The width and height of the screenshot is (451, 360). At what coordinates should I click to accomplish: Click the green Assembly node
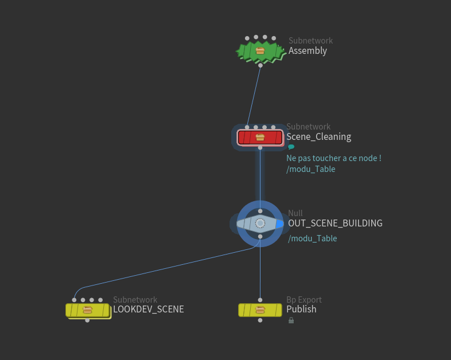(x=261, y=51)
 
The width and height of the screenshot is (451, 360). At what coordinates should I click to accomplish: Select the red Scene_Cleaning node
(x=260, y=138)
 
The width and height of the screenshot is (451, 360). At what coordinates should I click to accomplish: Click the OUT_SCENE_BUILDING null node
(x=260, y=223)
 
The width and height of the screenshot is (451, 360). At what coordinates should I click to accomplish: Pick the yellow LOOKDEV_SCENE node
(x=87, y=310)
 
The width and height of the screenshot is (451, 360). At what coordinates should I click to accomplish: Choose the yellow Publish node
(x=260, y=310)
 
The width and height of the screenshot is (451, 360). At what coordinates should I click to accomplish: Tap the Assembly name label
(x=308, y=51)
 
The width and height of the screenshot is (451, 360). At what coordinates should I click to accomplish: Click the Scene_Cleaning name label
(x=318, y=137)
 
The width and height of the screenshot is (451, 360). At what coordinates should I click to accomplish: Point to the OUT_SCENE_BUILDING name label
(x=335, y=224)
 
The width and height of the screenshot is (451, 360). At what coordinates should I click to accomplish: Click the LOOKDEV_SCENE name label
(x=149, y=310)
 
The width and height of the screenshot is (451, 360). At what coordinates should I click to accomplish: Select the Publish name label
(x=301, y=310)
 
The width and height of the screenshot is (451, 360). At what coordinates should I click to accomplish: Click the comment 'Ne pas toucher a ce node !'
(x=333, y=158)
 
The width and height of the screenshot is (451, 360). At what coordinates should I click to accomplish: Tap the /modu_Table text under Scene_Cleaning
(x=310, y=169)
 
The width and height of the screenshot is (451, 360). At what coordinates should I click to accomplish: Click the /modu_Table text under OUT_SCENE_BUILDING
(x=312, y=238)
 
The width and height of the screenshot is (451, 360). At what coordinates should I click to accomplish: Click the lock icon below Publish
(x=291, y=320)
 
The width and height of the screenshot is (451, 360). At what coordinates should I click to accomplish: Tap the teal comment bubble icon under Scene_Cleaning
(x=291, y=147)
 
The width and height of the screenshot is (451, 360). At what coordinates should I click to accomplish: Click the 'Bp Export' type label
(x=304, y=300)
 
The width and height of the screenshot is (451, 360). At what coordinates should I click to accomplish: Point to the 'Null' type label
(x=295, y=213)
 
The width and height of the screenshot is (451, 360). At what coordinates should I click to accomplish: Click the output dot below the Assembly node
(x=261, y=65)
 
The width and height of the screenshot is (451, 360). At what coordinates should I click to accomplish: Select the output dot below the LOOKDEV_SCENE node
(x=87, y=320)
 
